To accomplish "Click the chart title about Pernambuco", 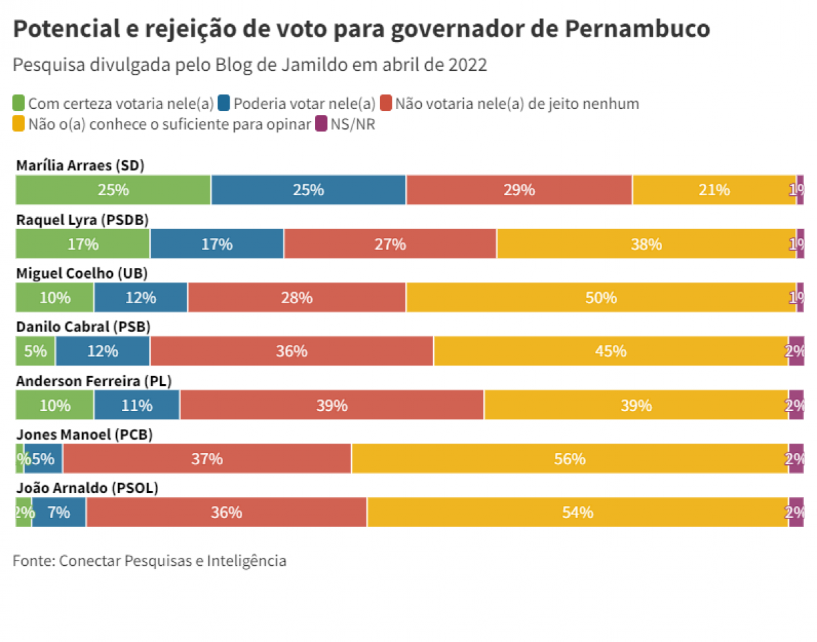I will [361, 29].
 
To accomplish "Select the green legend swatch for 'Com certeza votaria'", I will [19, 104].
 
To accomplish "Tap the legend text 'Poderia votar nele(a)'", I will [304, 104].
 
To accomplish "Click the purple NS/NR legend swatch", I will [321, 124].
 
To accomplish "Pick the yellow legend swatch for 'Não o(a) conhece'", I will [19, 124].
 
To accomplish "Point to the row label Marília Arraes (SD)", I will [80, 166].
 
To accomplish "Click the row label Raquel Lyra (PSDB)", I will [82, 219].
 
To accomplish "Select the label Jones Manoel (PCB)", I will [84, 435].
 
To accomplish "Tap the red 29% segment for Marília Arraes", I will [519, 190].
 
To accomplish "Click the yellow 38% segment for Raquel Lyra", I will [646, 244].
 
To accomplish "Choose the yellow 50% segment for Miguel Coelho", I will [601, 297].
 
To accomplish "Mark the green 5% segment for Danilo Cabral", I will [35, 351].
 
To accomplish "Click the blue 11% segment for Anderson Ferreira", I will [137, 405].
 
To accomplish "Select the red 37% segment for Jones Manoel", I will [207, 459].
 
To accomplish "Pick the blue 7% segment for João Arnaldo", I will [59, 512].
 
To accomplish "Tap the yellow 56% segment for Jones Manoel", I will [569, 459].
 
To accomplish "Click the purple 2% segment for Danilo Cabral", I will [796, 351].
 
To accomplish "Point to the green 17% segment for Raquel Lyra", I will [83, 244].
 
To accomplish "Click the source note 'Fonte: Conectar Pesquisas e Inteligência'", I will [150, 560].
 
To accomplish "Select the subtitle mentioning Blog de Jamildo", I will [250, 65].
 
